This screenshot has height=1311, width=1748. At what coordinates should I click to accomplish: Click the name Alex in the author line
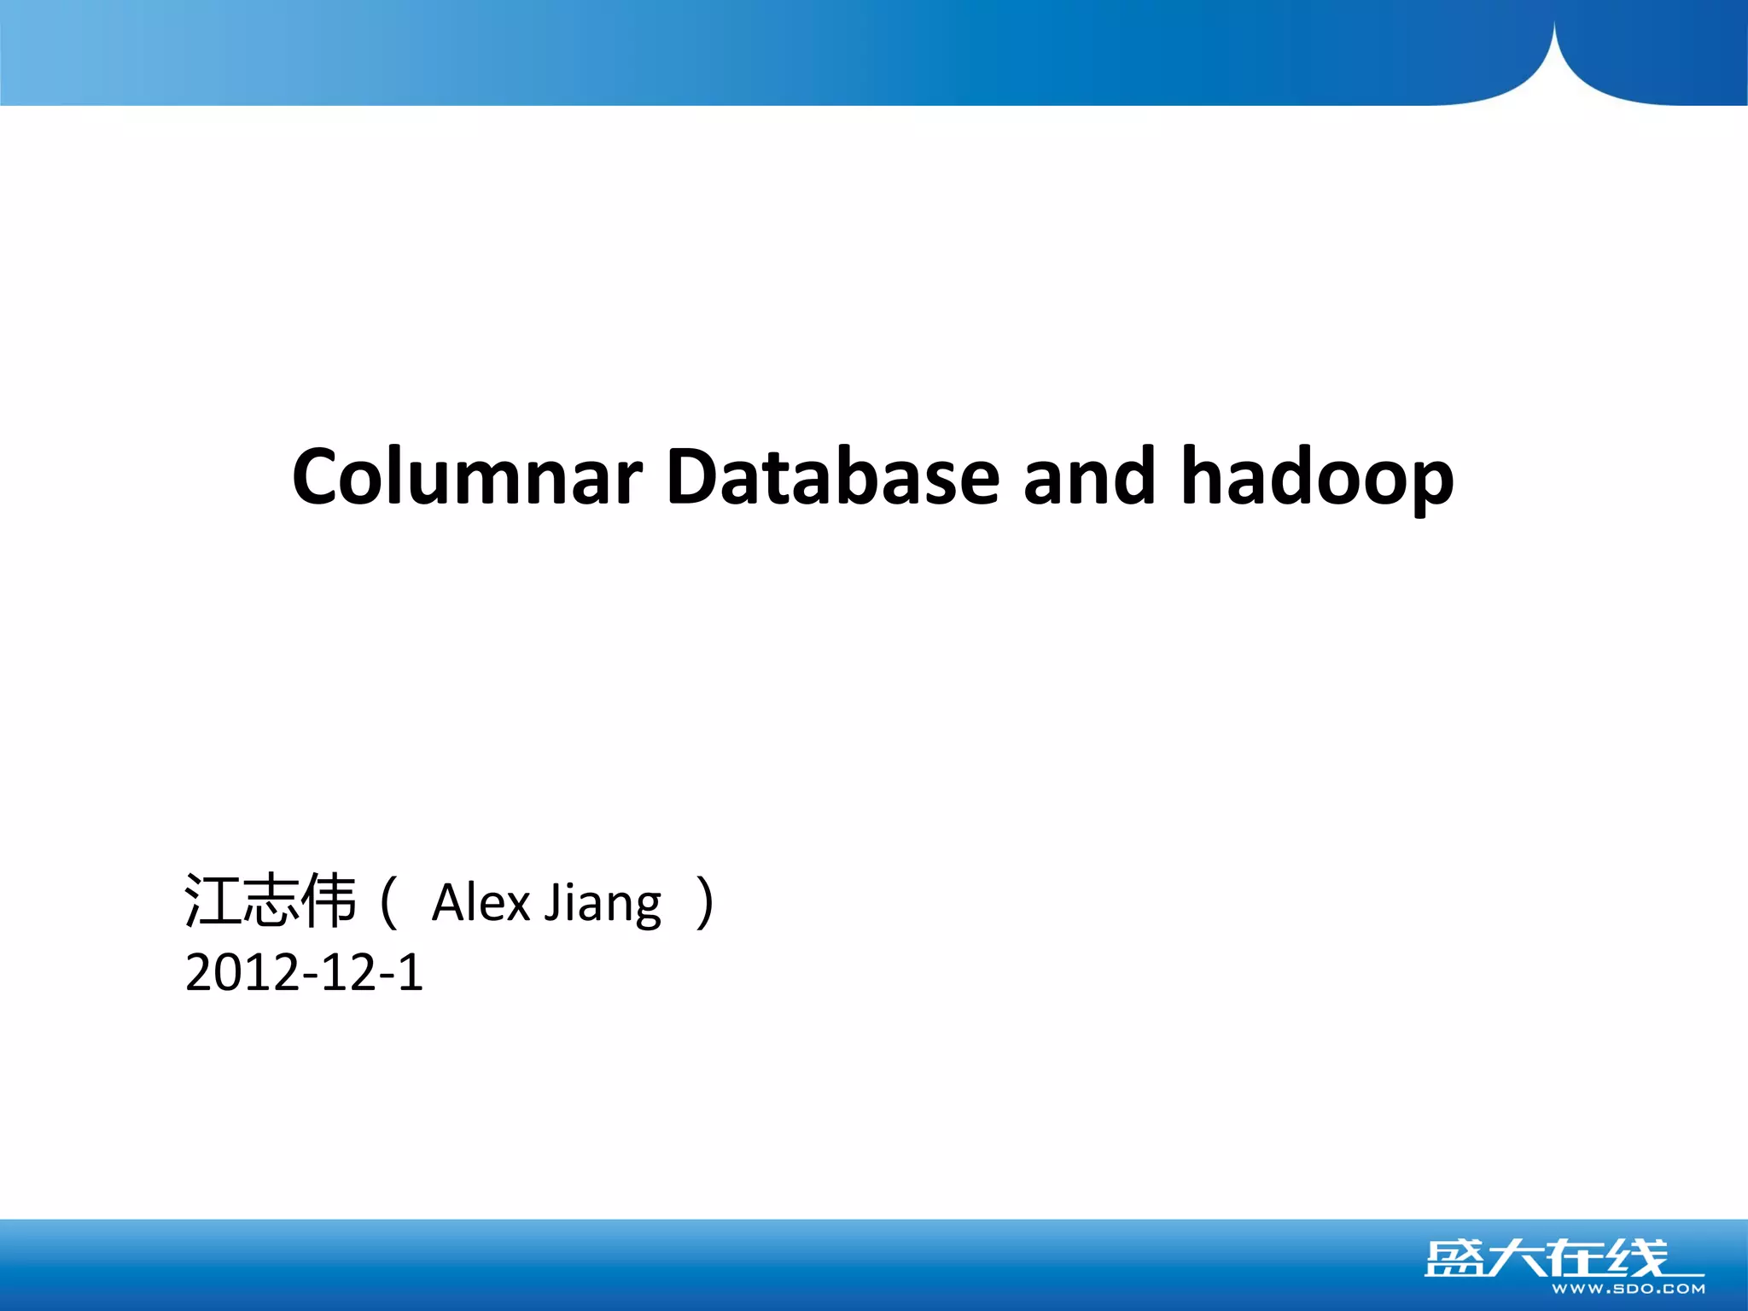point(481,903)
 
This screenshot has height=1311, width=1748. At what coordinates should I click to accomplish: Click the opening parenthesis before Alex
point(388,903)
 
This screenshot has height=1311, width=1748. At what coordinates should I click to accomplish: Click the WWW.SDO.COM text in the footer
point(1628,1289)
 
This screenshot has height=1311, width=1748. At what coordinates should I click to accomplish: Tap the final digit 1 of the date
point(411,973)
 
